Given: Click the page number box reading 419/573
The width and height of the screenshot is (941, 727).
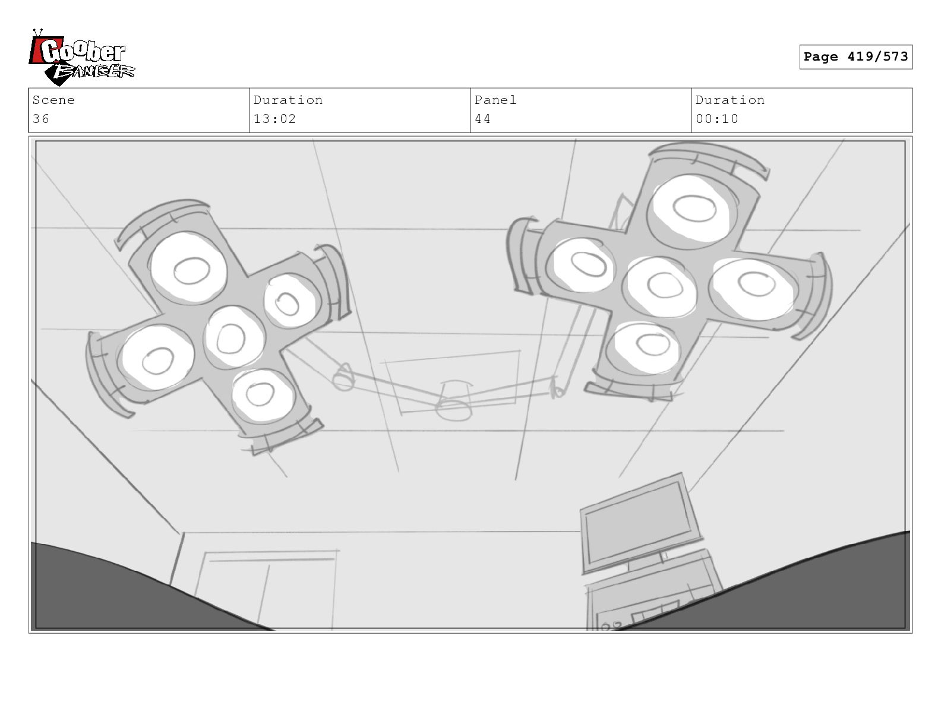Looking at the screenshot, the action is tap(855, 57).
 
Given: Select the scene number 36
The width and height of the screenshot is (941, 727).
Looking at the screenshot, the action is tap(41, 119).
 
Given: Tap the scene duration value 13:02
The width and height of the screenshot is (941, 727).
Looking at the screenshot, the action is tap(274, 119).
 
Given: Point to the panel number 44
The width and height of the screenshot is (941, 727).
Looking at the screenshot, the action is tap(482, 119).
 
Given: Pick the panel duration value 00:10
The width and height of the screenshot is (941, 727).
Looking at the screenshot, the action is tap(716, 119).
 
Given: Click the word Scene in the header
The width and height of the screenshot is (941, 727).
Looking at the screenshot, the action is tap(53, 100).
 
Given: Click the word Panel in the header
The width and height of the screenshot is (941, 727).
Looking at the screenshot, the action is tap(495, 100).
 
